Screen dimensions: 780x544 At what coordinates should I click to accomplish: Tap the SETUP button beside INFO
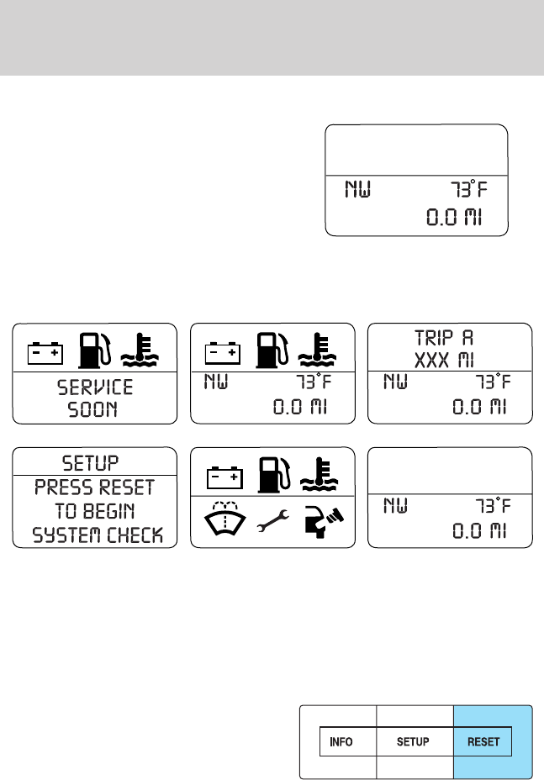pyautogui.click(x=413, y=742)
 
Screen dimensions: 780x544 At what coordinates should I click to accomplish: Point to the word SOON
pyautogui.click(x=94, y=410)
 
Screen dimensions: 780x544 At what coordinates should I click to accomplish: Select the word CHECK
pyautogui.click(x=137, y=535)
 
